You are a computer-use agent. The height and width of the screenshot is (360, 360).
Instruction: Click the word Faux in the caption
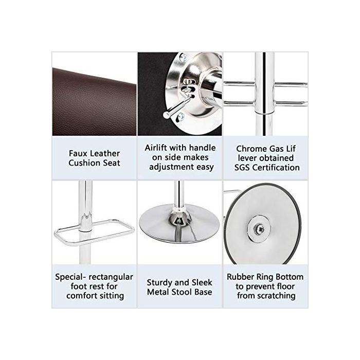(x=78, y=153)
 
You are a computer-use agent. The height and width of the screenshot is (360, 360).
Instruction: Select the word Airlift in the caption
(x=154, y=148)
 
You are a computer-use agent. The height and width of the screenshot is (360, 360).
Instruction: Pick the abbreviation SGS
(x=242, y=168)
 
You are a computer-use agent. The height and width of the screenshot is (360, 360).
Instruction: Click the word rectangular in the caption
(x=111, y=277)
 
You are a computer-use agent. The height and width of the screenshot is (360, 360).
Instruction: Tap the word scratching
(x=277, y=296)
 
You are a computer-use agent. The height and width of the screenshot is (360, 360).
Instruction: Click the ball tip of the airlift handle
(x=166, y=115)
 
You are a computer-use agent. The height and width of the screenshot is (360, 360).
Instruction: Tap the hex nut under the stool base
(x=260, y=229)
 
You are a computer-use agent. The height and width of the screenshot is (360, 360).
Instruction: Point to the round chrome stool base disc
(x=179, y=224)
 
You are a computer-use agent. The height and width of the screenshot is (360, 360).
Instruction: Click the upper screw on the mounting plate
(x=183, y=57)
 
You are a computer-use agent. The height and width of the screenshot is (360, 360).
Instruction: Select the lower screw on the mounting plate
(x=181, y=117)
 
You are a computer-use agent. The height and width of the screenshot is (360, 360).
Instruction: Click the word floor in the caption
(x=285, y=286)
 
